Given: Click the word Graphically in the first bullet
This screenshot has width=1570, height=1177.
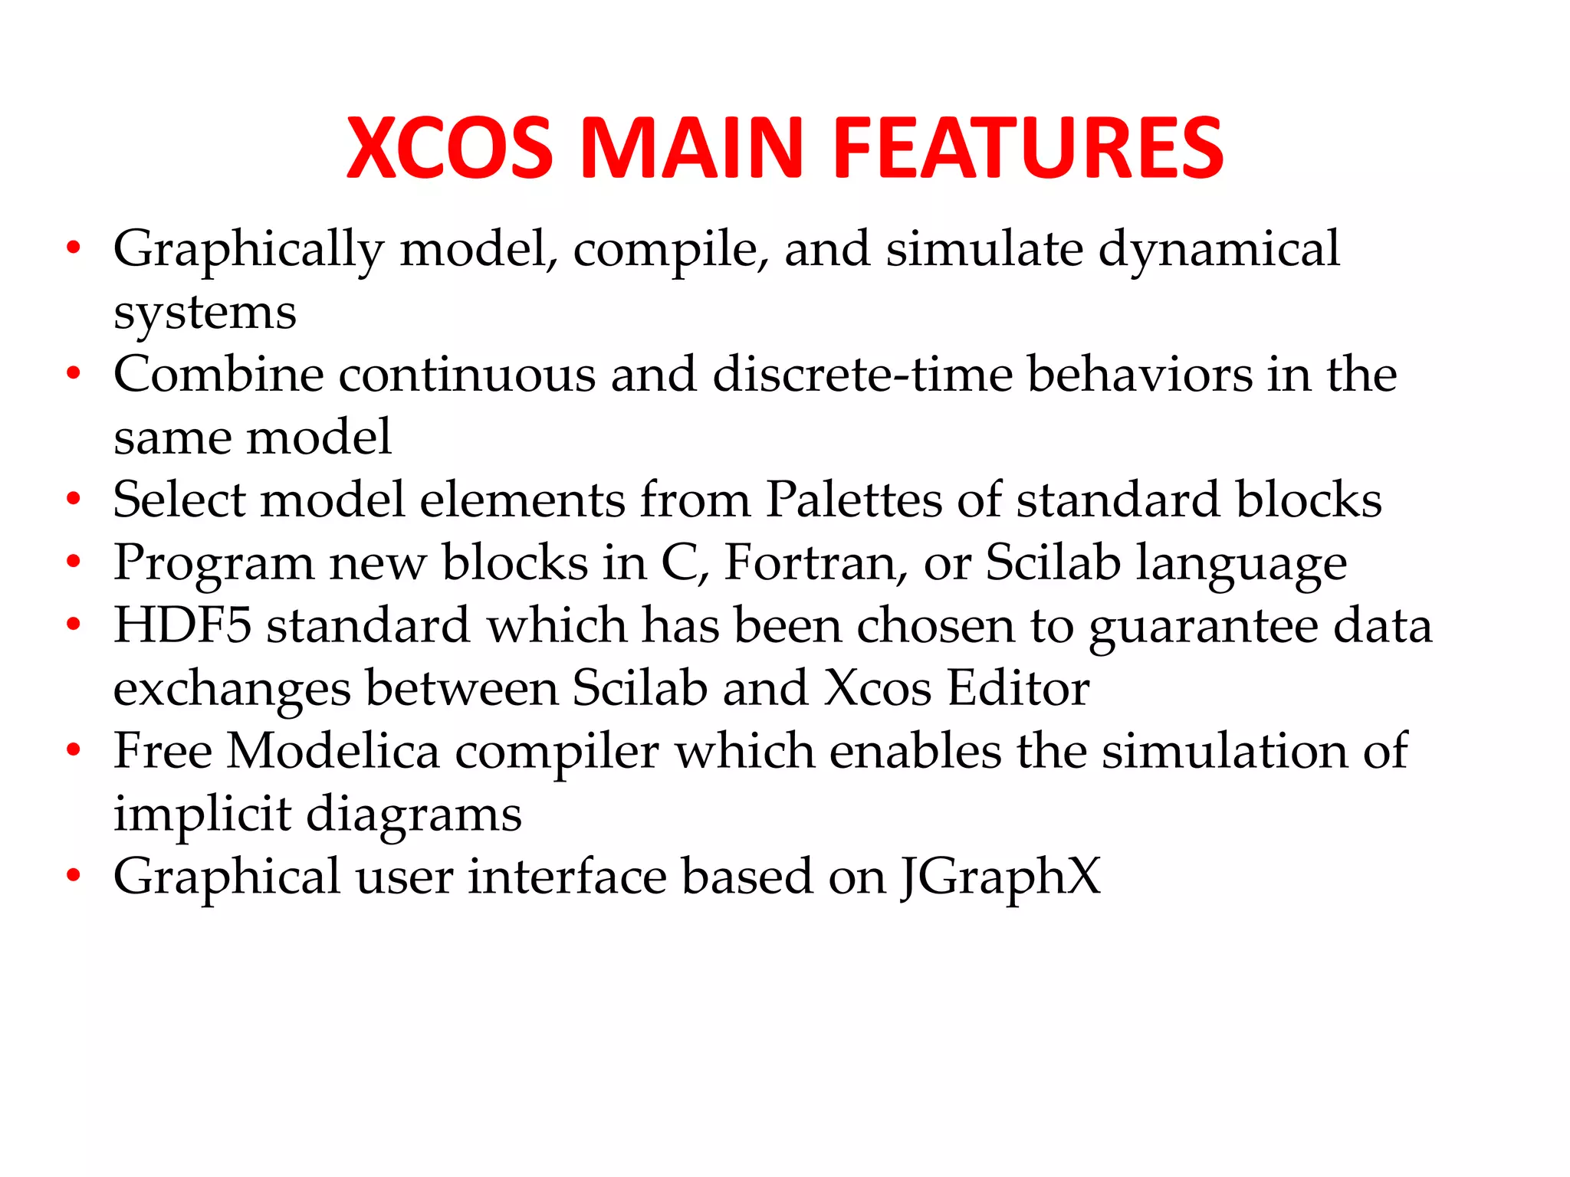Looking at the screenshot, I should coord(248,251).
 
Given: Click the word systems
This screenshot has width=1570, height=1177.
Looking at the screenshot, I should coord(205,313).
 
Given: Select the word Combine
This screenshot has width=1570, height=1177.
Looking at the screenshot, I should coord(218,375).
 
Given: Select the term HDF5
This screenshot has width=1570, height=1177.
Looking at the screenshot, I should coord(182,625).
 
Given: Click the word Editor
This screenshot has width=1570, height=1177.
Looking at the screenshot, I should coord(1019,688).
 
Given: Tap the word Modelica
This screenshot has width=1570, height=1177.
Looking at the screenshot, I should coord(333,751).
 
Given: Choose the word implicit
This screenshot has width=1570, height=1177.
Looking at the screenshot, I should coord(202,815).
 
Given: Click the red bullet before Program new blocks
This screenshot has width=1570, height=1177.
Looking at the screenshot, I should coord(74,562).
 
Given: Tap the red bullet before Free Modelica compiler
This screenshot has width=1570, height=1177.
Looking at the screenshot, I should coord(74,749).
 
